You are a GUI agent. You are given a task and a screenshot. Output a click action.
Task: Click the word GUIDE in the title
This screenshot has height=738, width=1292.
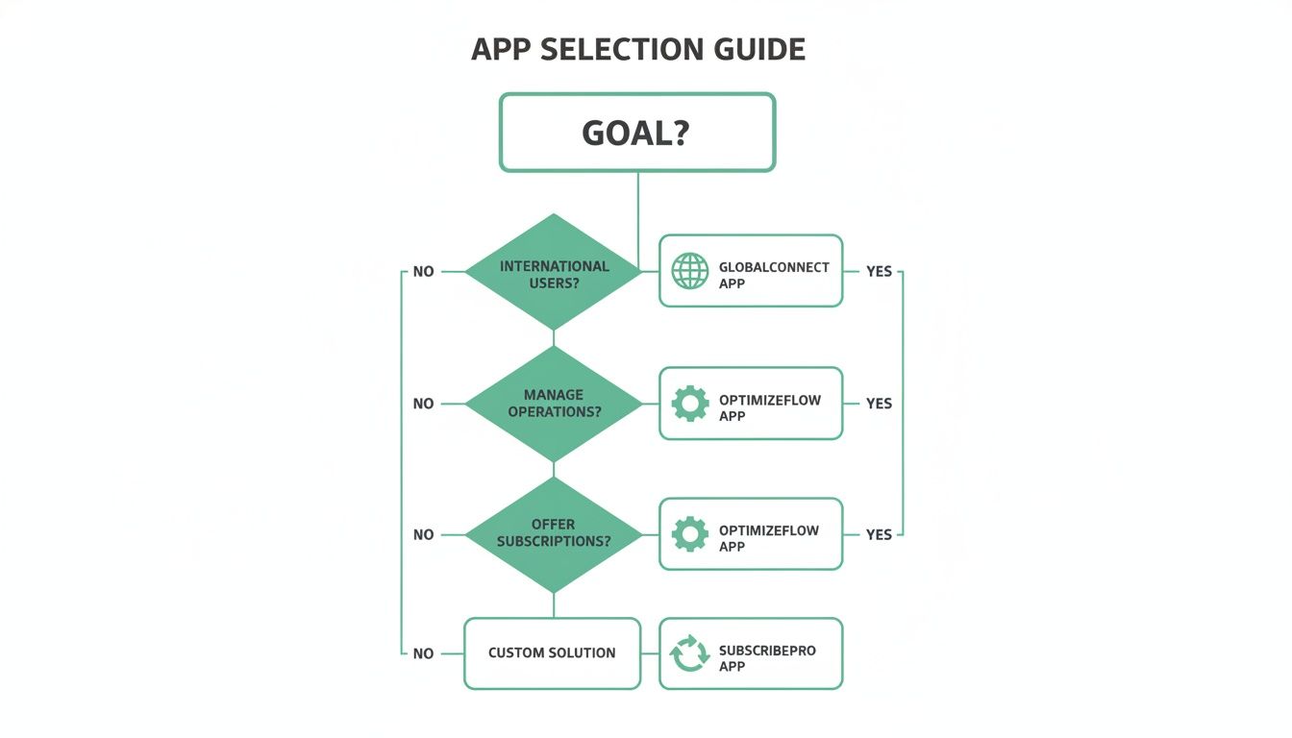pos(755,50)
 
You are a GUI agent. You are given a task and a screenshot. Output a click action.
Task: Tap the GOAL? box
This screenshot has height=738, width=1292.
pos(636,133)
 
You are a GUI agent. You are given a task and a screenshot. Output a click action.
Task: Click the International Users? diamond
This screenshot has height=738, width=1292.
pos(554,273)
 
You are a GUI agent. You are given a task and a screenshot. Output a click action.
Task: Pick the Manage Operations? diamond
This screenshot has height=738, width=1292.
pos(554,404)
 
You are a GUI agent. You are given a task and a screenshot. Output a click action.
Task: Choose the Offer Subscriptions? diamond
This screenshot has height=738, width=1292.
pos(554,534)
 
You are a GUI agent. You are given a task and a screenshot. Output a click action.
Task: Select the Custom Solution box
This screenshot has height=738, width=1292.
pos(552,653)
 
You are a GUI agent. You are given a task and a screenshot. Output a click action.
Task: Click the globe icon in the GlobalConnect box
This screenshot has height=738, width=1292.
pos(689,272)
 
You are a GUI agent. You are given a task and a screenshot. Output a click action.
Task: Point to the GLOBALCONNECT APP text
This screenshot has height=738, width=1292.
pos(773,275)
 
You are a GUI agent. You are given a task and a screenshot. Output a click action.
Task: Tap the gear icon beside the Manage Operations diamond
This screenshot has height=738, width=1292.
pos(689,404)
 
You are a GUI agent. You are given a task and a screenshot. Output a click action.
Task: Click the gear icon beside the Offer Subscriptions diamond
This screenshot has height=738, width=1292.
pos(689,534)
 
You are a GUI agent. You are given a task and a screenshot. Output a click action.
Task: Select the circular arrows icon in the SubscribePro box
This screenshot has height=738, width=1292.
pos(689,653)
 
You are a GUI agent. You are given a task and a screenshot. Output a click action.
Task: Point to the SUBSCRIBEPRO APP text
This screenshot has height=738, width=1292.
pos(766,658)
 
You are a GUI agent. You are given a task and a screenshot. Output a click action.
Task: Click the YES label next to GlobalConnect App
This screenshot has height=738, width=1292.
pos(879,272)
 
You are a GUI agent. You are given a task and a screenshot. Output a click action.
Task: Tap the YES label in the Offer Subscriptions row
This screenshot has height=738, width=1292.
pos(879,534)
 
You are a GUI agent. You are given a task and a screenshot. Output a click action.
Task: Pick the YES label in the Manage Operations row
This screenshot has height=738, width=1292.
pos(879,404)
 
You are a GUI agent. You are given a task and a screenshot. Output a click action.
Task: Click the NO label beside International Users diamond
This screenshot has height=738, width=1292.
pos(423,272)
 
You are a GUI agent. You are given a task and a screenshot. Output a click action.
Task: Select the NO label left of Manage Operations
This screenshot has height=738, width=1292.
pos(423,404)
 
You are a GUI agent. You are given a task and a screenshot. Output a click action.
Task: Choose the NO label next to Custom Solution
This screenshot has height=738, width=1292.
pos(423,653)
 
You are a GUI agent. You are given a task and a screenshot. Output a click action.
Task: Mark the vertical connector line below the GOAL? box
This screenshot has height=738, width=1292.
pos(638,207)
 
